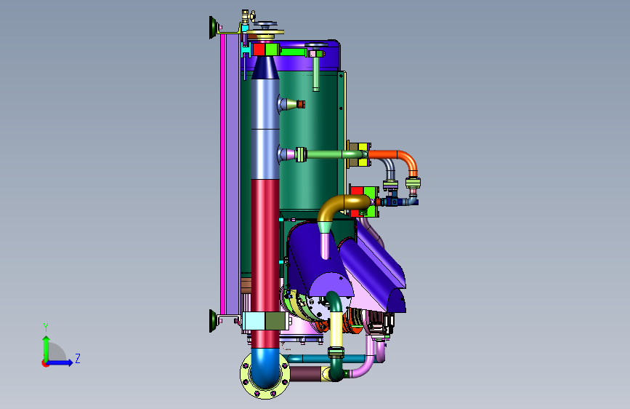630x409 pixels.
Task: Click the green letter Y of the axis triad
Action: (x=46, y=327)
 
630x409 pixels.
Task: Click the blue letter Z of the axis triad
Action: (x=78, y=358)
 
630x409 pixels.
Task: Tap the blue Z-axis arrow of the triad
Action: (x=60, y=362)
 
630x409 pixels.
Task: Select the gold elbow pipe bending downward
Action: (x=339, y=205)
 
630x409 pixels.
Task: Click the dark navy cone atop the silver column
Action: (x=265, y=68)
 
